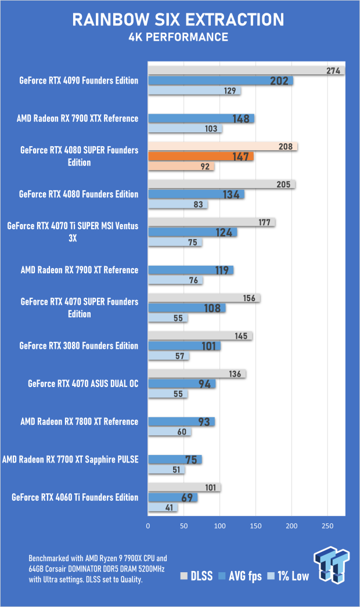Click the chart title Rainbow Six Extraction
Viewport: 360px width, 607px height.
pyautogui.click(x=178, y=20)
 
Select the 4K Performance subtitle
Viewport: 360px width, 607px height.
pyautogui.click(x=178, y=38)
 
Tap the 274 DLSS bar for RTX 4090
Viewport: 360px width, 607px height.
pyautogui.click(x=246, y=71)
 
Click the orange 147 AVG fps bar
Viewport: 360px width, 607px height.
pyautogui.click(x=201, y=156)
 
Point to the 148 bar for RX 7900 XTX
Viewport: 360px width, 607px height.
pyautogui.click(x=201, y=118)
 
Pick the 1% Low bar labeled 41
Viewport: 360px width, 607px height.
pyautogui.click(x=163, y=508)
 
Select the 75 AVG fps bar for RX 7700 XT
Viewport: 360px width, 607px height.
pyautogui.click(x=175, y=460)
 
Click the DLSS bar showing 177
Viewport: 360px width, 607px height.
pyautogui.click(x=211, y=222)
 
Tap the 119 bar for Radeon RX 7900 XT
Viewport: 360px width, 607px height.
pyautogui.click(x=190, y=270)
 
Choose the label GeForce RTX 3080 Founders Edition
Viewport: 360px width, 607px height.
pyautogui.click(x=79, y=346)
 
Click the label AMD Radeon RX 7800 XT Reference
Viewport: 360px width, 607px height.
pyautogui.click(x=80, y=421)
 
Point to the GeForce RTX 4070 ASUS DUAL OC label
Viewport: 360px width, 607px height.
pyautogui.click(x=83, y=384)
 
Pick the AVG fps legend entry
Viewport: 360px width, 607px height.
pyautogui.click(x=239, y=576)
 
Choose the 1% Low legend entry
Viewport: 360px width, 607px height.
pyautogui.click(x=287, y=576)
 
